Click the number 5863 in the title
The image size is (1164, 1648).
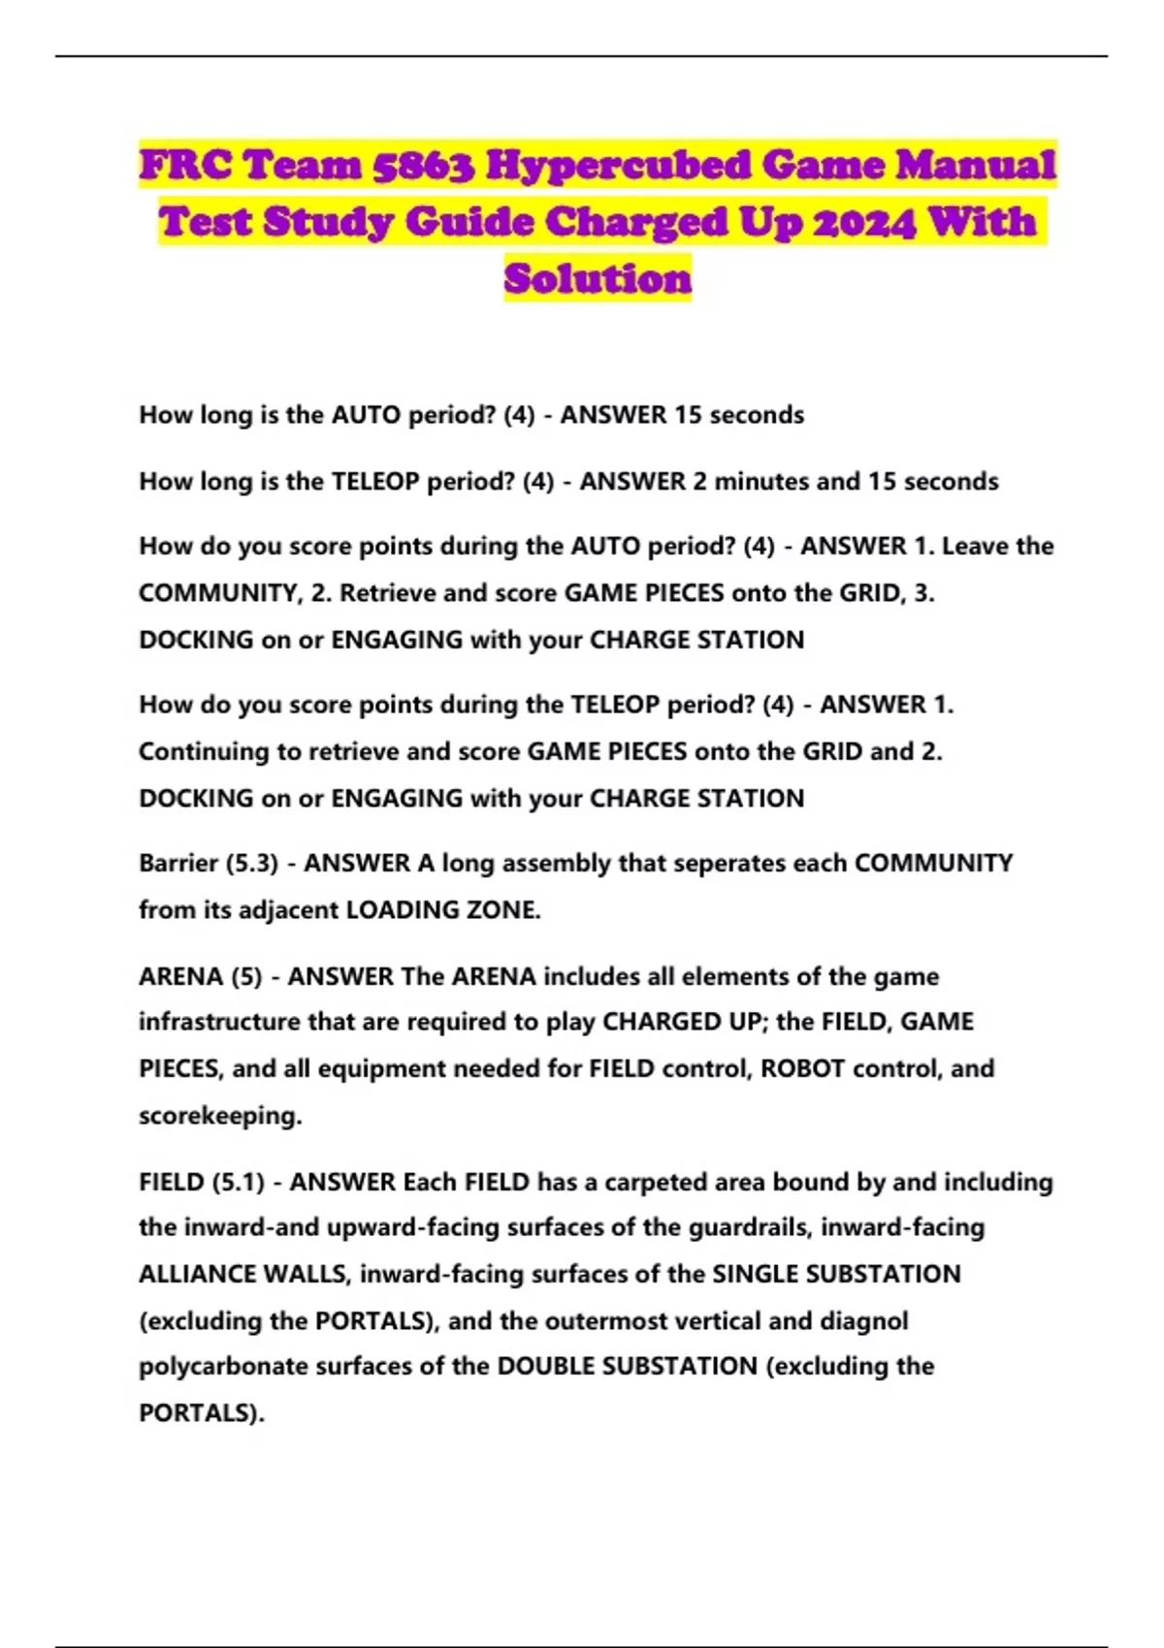point(423,166)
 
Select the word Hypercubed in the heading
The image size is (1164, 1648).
point(617,166)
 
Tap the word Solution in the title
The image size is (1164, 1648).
point(598,279)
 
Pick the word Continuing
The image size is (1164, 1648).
point(199,751)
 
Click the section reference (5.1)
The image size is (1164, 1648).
point(238,1182)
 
